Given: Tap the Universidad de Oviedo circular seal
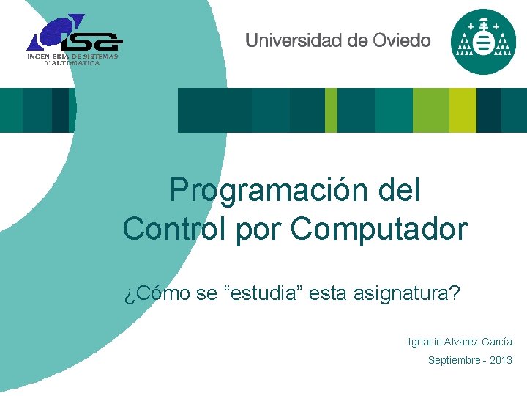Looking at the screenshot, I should point(483,42).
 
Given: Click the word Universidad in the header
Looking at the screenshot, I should point(293,41).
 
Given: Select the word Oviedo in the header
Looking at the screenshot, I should point(401,41).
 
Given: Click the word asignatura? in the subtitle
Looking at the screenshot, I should point(406,294).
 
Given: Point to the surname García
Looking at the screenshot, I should point(496,342).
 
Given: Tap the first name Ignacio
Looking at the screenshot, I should point(425,342).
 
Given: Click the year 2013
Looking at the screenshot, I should point(501,360).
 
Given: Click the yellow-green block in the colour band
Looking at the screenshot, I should point(463,110).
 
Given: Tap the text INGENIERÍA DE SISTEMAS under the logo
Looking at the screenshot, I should point(72,56).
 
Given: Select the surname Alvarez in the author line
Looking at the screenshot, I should point(460,342).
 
